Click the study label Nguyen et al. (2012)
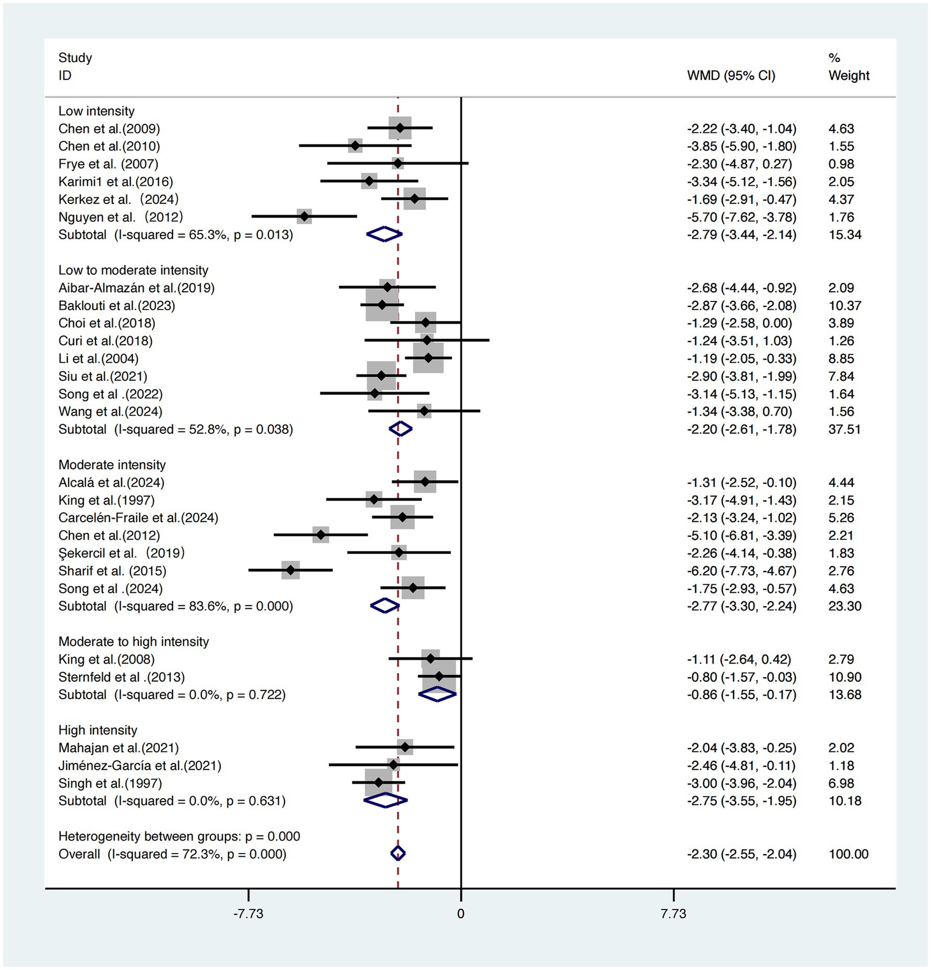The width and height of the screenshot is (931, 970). [121, 217]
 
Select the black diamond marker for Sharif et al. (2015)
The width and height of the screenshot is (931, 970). [291, 571]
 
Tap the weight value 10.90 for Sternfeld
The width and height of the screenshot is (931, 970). [844, 677]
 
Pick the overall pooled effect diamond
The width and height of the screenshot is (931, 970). [398, 854]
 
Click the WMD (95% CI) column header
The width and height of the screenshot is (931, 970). [731, 76]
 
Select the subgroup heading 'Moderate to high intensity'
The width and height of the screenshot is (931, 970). [134, 642]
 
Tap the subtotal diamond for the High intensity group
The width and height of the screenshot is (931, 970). [385, 800]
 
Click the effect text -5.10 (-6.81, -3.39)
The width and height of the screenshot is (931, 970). [741, 535]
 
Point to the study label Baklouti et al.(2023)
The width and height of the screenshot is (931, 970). [116, 305]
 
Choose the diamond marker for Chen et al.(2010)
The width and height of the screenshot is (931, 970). [355, 146]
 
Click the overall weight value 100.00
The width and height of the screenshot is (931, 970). [848, 854]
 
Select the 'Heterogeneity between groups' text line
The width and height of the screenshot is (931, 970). [179, 836]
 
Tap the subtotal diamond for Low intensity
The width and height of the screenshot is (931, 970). [384, 234]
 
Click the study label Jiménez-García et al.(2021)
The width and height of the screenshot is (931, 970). [139, 765]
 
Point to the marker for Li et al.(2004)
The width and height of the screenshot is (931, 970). [428, 358]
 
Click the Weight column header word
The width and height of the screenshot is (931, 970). [849, 76]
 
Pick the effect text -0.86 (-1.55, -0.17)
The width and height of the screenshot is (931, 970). [741, 695]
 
